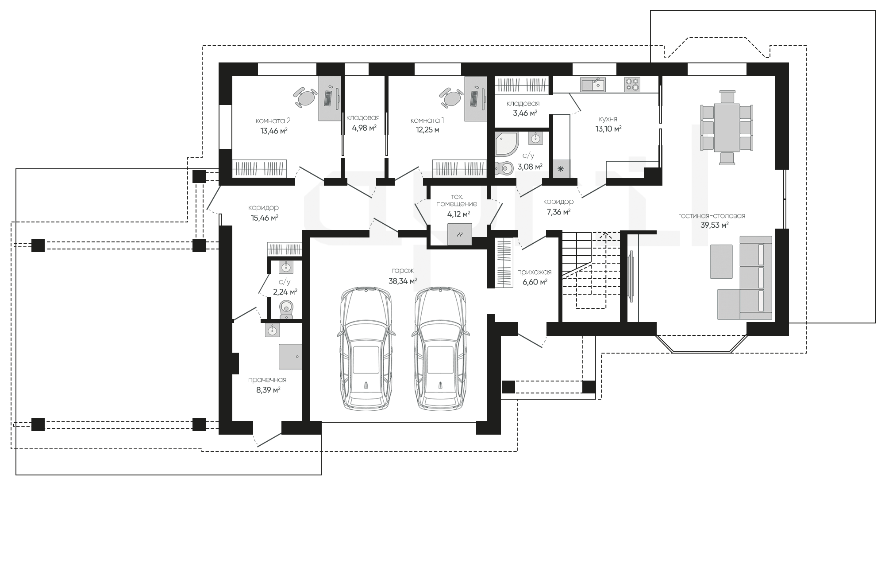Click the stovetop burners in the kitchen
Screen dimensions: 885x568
point(632,84)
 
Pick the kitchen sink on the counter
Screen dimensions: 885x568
point(593,84)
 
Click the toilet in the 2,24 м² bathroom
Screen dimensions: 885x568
point(286,309)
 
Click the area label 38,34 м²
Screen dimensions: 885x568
point(403,281)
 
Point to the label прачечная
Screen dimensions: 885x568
point(267,380)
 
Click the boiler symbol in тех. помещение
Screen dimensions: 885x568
point(460,234)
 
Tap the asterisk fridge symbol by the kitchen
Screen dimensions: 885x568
point(561,169)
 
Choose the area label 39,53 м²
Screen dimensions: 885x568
point(715,225)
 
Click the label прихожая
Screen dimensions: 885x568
point(535,272)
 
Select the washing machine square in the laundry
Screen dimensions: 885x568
point(290,357)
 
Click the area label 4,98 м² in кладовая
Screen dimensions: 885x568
point(364,128)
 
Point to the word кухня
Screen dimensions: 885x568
point(608,119)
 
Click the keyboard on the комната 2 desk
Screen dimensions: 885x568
point(328,98)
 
